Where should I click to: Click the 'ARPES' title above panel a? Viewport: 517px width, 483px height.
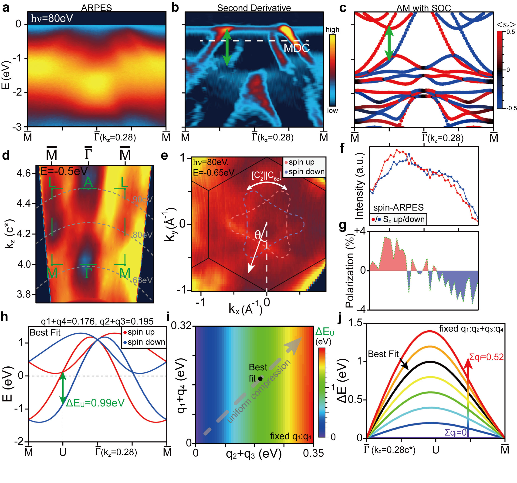coord(96,8)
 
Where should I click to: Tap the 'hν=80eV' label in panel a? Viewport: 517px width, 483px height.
coord(52,18)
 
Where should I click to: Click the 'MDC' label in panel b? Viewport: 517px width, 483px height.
coord(297,48)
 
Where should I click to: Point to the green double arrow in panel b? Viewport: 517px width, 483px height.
coord(227,47)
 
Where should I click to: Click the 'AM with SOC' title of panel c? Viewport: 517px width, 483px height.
coord(423,8)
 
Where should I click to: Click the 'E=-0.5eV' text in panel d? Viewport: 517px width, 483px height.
coord(64,171)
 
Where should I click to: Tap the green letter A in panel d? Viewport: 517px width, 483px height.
coord(88,182)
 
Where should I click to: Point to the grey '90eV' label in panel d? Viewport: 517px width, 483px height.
coord(142,199)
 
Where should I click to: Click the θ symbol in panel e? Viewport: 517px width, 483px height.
coord(257,235)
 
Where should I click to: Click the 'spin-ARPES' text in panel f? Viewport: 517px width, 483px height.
coord(398,208)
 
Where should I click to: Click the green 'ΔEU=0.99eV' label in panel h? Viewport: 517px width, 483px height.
coord(95,403)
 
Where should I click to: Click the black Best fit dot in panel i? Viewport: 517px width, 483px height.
coord(260,379)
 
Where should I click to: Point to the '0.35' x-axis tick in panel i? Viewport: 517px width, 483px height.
coord(313,453)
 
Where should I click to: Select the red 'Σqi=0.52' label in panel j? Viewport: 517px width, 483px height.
coord(486,357)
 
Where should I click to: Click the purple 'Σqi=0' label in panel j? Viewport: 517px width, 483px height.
coord(456,433)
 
